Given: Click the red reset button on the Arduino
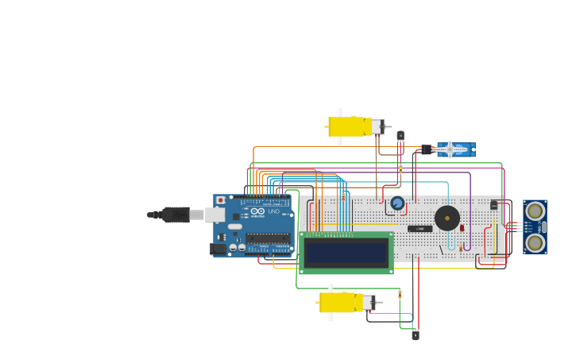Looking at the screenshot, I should (x=221, y=200).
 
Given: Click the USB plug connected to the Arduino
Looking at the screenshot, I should (x=176, y=214).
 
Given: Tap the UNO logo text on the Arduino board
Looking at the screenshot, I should (x=273, y=211).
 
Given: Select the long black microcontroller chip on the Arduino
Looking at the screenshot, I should (x=267, y=238).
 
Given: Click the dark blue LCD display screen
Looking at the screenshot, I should (x=346, y=253).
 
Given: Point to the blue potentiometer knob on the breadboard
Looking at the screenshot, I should (x=397, y=203).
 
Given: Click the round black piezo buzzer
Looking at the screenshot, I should (x=447, y=218).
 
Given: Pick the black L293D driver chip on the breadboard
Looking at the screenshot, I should (x=420, y=229).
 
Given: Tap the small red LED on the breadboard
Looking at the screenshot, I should (x=462, y=228).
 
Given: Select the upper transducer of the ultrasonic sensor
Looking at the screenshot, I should (x=535, y=211).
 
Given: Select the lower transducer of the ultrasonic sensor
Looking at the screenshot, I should (x=535, y=242).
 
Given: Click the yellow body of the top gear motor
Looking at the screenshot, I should (x=346, y=126).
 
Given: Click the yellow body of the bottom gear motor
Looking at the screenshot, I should (x=337, y=302).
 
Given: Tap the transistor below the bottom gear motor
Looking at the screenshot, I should (x=416, y=335).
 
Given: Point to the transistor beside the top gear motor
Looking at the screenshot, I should (x=400, y=136).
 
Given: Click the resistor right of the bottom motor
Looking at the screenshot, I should (x=400, y=294).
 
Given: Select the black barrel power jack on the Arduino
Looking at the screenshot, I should (x=217, y=249).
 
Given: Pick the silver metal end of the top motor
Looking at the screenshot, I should (x=377, y=126).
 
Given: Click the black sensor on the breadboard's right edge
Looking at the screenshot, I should (x=493, y=204).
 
